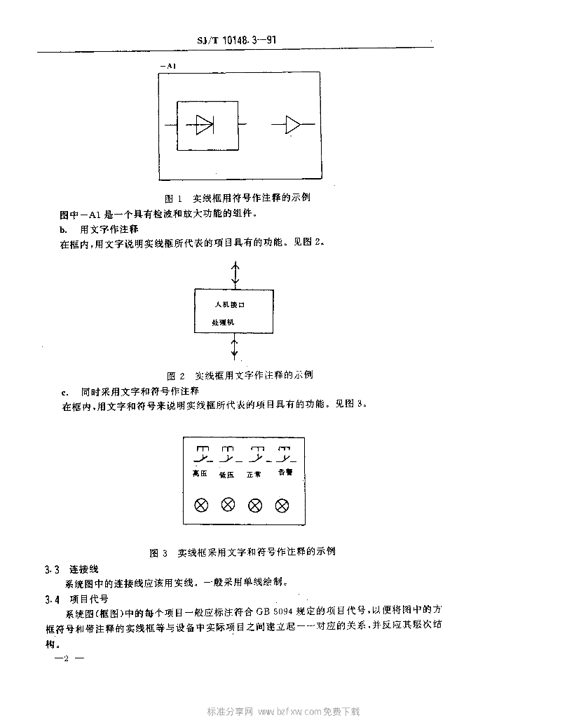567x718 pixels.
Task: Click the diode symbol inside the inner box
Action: tap(205, 125)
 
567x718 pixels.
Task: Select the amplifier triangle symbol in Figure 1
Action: tap(293, 125)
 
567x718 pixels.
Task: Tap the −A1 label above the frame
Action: tap(168, 66)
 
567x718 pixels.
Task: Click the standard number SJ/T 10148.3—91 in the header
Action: tap(236, 41)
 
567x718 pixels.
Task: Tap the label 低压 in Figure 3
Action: tap(227, 475)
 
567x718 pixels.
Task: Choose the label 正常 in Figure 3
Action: tap(254, 475)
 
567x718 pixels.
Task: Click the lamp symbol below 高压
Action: tap(201, 505)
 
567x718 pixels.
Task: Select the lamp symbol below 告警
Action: tap(282, 505)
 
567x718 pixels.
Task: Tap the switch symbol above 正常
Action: tap(257, 454)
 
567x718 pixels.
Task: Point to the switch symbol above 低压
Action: tap(229, 454)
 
